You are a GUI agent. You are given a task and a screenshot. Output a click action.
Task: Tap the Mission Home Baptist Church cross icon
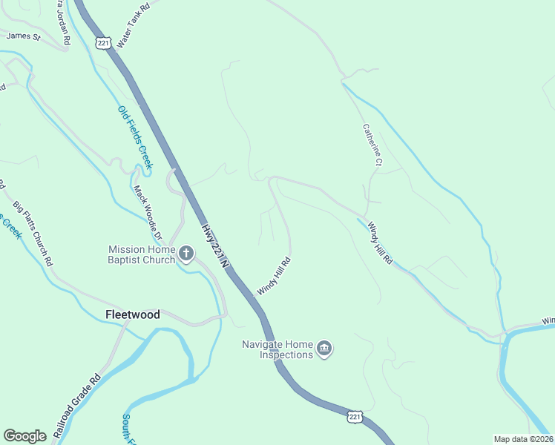coord(186,254)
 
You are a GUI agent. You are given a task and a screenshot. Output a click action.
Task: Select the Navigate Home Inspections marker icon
coord(324,348)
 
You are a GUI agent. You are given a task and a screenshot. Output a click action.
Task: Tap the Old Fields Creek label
coord(134,135)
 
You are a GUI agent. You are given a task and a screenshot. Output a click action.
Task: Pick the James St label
coord(23,36)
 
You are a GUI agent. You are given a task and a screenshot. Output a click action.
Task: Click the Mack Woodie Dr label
coord(147,212)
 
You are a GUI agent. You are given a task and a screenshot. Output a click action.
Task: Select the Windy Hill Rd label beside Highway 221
coord(273,275)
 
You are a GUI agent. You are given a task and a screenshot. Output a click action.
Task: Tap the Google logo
coord(24,436)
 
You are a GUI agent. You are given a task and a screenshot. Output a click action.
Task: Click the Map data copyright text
coord(524,439)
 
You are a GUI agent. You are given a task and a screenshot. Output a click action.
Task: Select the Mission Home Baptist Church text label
coord(142,254)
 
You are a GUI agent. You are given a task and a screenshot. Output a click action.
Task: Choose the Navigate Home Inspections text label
coord(276,349)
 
